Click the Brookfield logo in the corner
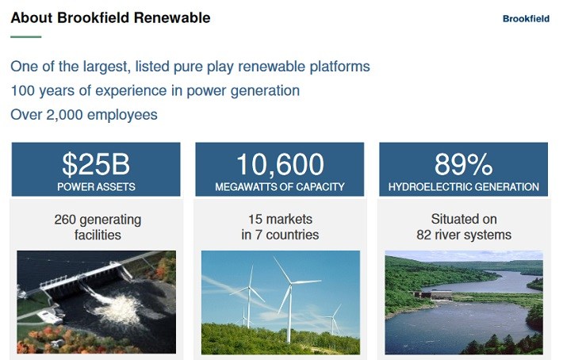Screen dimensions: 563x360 pos(526,19)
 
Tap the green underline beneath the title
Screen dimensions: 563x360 pos(26,36)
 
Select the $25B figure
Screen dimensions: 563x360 pos(96,164)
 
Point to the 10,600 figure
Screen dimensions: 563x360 pos(280,164)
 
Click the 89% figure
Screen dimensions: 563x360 pos(464,164)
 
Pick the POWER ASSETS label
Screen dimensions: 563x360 pos(96,186)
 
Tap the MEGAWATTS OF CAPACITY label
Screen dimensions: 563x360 pos(280,186)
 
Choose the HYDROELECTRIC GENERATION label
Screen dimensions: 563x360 pos(464,186)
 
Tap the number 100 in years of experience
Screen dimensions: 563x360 pos(23,91)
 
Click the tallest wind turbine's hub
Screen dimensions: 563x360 pos(291,282)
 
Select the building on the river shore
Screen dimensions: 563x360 pos(433,295)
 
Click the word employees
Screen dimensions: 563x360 pos(122,115)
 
